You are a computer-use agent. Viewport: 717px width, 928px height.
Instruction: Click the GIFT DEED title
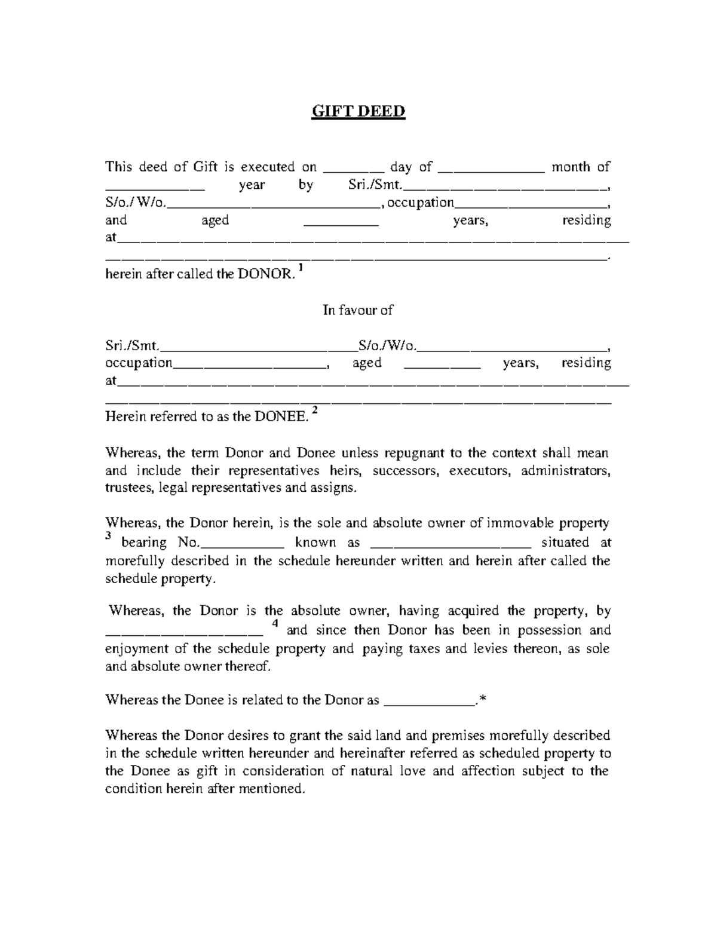click(358, 112)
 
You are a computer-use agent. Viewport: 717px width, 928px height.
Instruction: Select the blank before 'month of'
click(491, 169)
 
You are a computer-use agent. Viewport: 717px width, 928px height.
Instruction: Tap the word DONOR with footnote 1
click(266, 275)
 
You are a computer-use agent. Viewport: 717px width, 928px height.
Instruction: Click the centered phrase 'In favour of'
click(358, 310)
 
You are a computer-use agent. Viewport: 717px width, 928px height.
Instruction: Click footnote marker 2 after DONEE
click(315, 412)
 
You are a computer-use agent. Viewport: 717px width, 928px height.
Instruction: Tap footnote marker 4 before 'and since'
click(275, 624)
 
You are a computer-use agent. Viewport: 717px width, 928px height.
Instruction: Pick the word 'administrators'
click(565, 471)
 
